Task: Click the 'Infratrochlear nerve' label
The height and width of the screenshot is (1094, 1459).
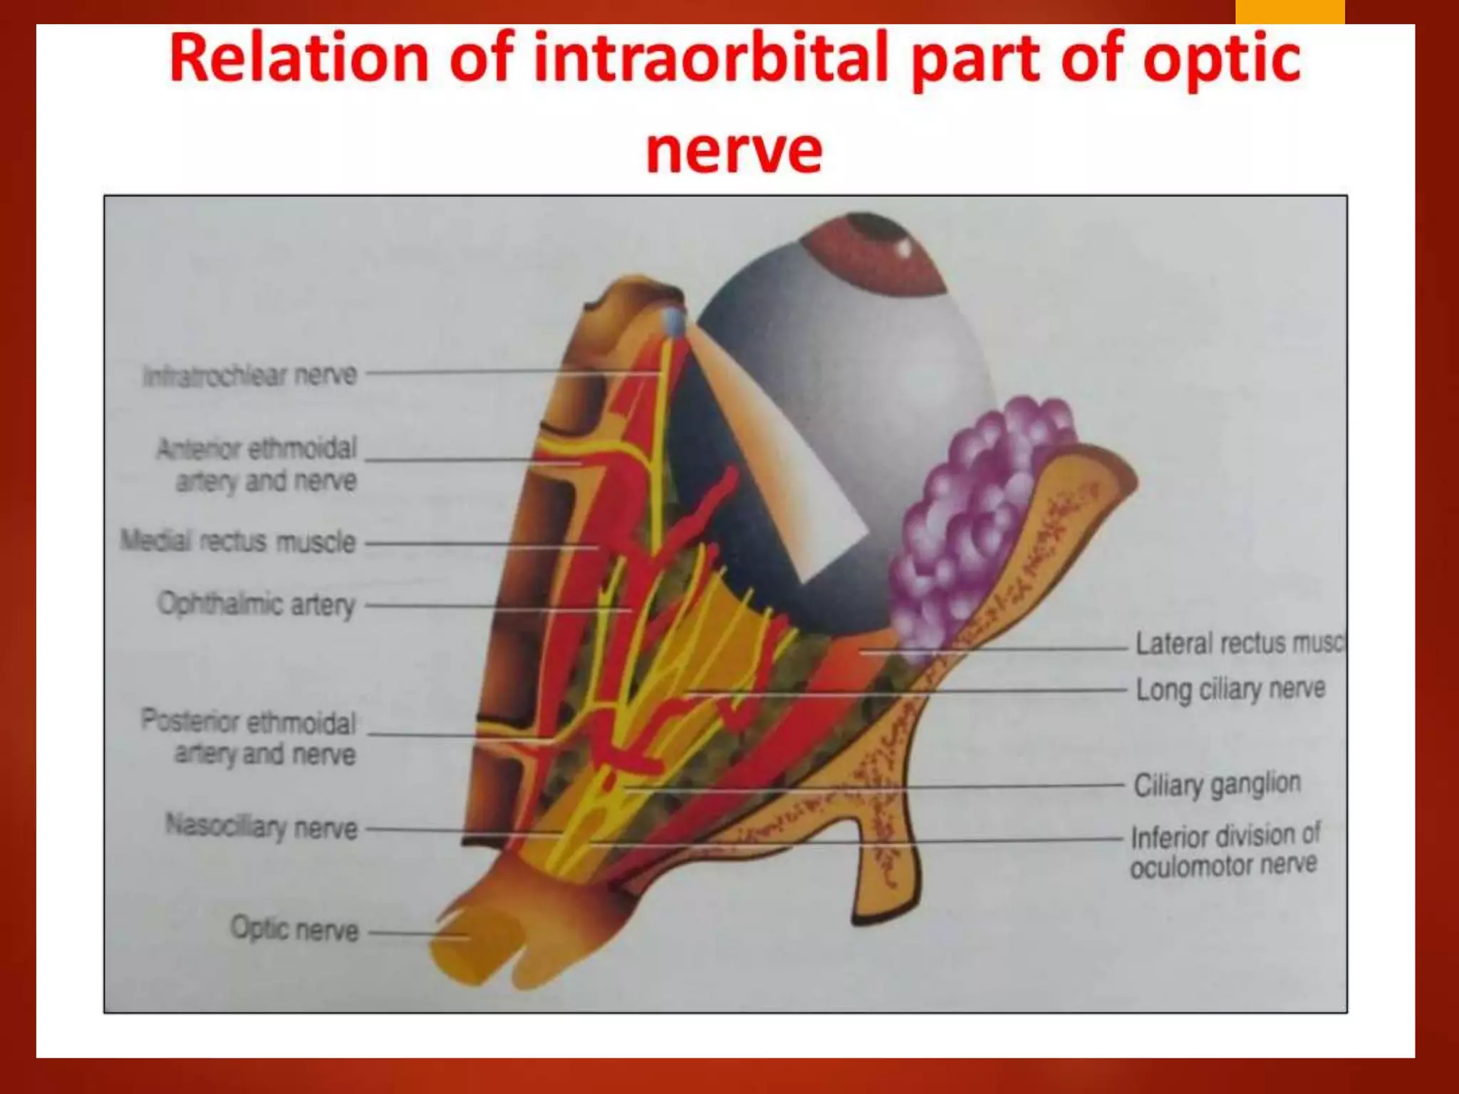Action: click(x=249, y=375)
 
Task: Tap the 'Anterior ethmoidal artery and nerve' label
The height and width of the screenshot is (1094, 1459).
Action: click(x=256, y=464)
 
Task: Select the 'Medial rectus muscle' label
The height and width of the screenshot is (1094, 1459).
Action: click(x=238, y=541)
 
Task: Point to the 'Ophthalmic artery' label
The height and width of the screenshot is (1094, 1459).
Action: click(x=256, y=605)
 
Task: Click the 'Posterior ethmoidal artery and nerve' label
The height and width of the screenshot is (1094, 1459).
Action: click(x=249, y=737)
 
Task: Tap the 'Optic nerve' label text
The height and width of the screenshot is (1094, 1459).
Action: click(x=294, y=929)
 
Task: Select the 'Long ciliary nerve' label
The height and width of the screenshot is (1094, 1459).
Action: click(x=1230, y=689)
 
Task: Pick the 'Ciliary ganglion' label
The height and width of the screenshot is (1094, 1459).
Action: click(x=1217, y=785)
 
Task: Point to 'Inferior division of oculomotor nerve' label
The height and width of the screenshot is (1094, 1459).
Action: click(x=1225, y=850)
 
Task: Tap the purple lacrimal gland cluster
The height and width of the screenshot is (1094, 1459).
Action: click(x=976, y=513)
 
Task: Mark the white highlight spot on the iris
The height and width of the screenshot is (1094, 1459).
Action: click(x=905, y=249)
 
